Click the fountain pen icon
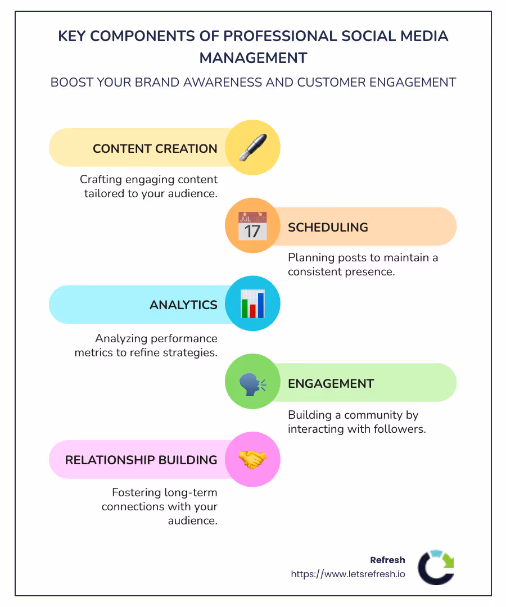click(252, 148)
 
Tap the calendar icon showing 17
click(252, 227)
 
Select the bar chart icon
click(252, 304)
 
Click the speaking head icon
click(252, 383)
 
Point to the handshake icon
click(252, 460)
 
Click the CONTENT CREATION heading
click(155, 149)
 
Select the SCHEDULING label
click(328, 228)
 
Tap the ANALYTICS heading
click(183, 305)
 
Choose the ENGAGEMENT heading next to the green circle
click(331, 384)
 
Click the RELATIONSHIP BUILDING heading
click(141, 460)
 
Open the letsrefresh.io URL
click(347, 574)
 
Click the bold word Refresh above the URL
click(387, 560)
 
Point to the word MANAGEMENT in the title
click(253, 58)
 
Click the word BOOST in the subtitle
click(69, 83)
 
